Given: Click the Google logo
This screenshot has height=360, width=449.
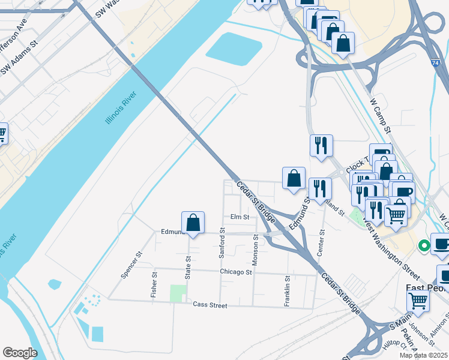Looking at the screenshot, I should pos(20,353).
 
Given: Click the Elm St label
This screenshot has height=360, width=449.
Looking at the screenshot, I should pos(239,217).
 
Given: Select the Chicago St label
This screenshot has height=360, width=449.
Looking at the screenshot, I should pos(235,272).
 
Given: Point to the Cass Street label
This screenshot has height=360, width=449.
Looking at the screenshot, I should pos(210,305).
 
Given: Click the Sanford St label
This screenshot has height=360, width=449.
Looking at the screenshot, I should pos(221,243).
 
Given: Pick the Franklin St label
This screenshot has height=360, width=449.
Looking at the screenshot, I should pos(288,290).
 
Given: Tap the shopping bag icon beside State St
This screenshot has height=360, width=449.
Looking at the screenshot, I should pos(193,223).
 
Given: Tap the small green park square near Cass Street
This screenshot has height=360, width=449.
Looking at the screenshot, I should pos(177,294).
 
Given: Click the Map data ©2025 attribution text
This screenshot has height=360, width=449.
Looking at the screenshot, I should pos(423,355).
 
